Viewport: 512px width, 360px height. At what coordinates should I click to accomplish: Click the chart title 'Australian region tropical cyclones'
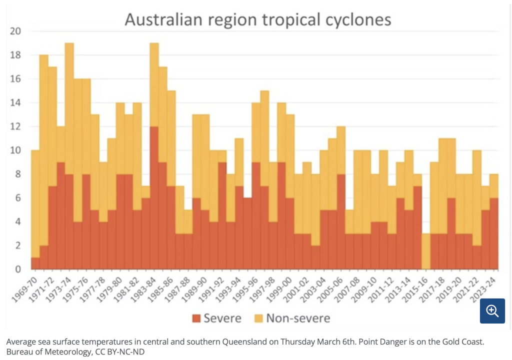click(x=257, y=20)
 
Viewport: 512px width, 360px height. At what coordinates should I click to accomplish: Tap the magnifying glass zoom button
click(x=492, y=311)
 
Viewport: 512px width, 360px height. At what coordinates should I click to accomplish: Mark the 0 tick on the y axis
click(x=18, y=269)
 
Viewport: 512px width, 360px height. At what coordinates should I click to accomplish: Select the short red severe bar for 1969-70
click(x=35, y=263)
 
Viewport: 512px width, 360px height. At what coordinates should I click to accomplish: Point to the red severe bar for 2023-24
click(x=494, y=233)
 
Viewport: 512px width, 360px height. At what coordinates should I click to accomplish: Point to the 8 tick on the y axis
click(x=18, y=174)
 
